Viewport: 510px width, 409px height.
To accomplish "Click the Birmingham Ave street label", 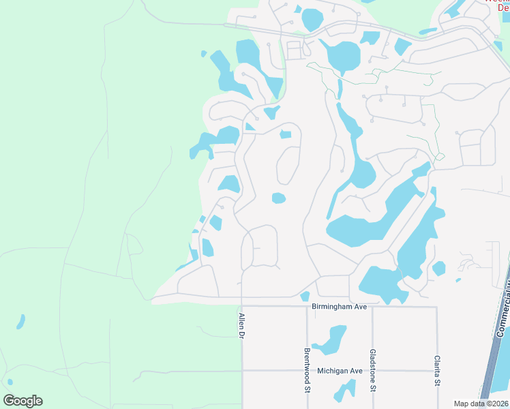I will pos(340,307).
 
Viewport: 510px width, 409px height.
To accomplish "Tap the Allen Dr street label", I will pos(241,326).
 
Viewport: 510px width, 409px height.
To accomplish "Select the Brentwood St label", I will pos(306,371).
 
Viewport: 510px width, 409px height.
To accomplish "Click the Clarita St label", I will pos(436,370).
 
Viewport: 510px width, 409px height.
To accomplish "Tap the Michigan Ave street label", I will pos(340,371).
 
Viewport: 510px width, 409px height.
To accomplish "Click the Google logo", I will pos(22,401).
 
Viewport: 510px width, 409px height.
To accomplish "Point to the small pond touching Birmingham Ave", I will pos(305,297).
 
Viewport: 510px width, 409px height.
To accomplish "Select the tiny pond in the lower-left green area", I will pos(20,321).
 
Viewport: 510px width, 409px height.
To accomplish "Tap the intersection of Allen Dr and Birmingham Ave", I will pos(242,305).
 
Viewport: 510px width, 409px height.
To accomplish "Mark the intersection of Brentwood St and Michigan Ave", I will pos(307,371).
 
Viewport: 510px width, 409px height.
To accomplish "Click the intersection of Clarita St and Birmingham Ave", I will pos(436,307).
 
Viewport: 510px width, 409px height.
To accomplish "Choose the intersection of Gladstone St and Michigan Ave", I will pos(372,371).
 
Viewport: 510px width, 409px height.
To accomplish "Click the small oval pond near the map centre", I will pos(278,198).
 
